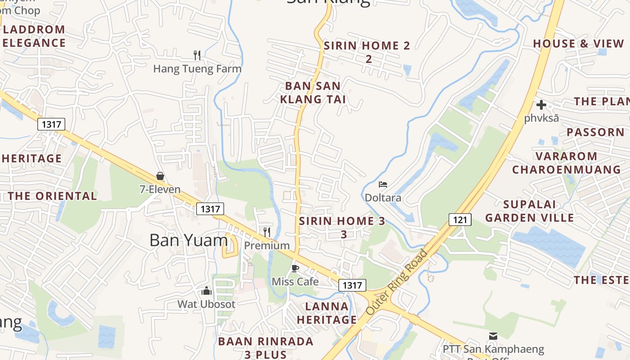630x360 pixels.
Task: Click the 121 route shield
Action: pyautogui.click(x=459, y=220)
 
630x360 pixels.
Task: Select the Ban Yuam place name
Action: pyautogui.click(x=189, y=240)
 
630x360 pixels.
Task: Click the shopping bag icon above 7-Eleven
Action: pyautogui.click(x=160, y=176)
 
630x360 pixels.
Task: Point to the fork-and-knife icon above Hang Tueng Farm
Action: pyautogui.click(x=197, y=55)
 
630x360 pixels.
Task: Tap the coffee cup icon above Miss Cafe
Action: pyautogui.click(x=295, y=269)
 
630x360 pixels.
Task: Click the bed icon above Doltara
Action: pyautogui.click(x=383, y=184)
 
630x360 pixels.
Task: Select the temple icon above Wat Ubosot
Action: pyautogui.click(x=207, y=291)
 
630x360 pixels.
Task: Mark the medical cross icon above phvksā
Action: pyautogui.click(x=541, y=105)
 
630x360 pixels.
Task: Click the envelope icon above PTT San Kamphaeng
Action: pyautogui.click(x=493, y=336)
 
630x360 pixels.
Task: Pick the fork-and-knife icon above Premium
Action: pyautogui.click(x=267, y=232)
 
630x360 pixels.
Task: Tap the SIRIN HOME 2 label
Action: pyautogui.click(x=367, y=52)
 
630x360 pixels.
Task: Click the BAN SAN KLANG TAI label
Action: pyautogui.click(x=313, y=92)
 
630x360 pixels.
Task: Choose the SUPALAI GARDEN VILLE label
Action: pyautogui.click(x=529, y=211)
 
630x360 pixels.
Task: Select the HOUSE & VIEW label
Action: pyautogui.click(x=579, y=44)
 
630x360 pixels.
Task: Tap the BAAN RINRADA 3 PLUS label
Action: pyautogui.click(x=265, y=347)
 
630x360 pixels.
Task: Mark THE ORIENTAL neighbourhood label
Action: pyautogui.click(x=52, y=196)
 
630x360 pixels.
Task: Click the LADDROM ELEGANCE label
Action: pyautogui.click(x=34, y=36)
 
